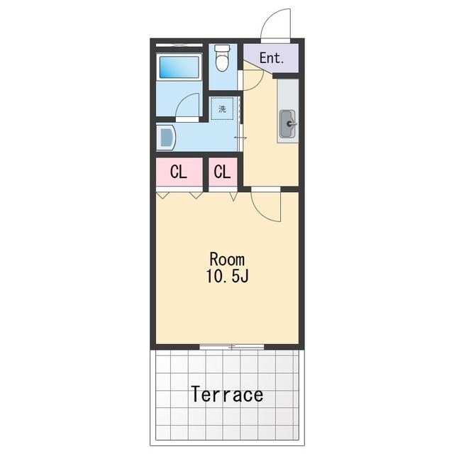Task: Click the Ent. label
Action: click(271, 58)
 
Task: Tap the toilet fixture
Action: click(222, 57)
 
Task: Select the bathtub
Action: click(179, 67)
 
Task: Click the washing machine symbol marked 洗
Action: click(222, 109)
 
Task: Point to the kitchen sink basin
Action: click(287, 124)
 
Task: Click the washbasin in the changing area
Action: click(166, 137)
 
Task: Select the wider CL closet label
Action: click(178, 172)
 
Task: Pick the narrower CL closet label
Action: click(222, 172)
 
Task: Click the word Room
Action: click(227, 259)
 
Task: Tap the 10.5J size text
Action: click(227, 276)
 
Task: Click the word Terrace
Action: click(227, 394)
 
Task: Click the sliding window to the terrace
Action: click(232, 347)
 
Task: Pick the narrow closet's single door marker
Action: click(233, 196)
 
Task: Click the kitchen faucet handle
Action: click(292, 124)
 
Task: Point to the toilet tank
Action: click(222, 48)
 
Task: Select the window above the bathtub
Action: click(179, 45)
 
